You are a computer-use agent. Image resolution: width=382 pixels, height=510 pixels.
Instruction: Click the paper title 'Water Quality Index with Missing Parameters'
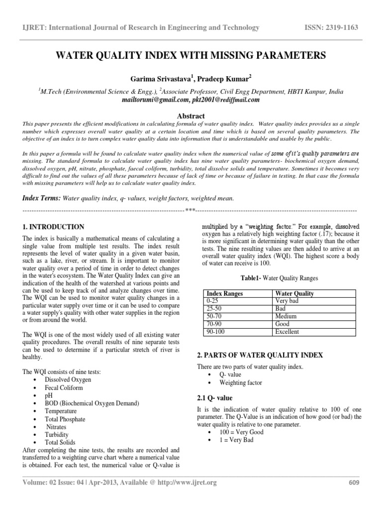click(x=191, y=56)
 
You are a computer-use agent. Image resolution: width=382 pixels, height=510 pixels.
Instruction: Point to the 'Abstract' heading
click(x=191, y=115)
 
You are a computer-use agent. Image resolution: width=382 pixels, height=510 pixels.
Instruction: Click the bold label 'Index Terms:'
click(x=41, y=198)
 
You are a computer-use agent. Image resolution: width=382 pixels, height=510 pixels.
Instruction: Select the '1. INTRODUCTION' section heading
click(x=54, y=227)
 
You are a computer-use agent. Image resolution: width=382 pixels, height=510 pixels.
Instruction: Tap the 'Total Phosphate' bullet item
click(x=65, y=419)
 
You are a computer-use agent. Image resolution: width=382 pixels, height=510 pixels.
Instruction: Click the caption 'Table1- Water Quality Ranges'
click(x=278, y=278)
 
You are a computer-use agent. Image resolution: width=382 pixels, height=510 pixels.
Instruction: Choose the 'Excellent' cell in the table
click(x=287, y=331)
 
